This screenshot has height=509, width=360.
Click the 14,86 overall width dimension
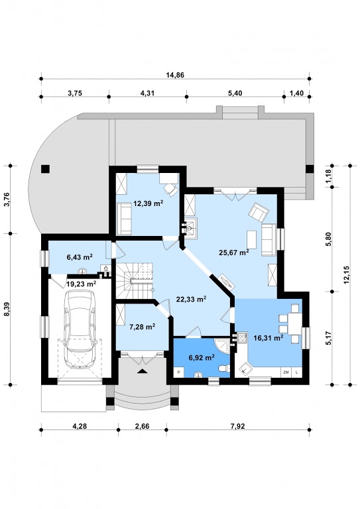[x=175, y=75]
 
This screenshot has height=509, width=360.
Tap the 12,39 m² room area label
[x=149, y=203]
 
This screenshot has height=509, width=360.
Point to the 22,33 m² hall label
[x=191, y=299]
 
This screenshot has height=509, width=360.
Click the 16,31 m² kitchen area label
[x=268, y=338]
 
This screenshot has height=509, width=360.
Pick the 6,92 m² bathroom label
[x=202, y=358]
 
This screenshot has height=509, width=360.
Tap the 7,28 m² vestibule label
[x=142, y=327]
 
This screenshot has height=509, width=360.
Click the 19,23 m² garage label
[x=81, y=284]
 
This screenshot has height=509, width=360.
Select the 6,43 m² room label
[x=80, y=257]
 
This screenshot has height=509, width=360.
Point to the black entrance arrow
[x=142, y=371]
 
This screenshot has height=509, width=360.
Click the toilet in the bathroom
[x=224, y=368]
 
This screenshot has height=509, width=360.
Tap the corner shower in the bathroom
[x=222, y=346]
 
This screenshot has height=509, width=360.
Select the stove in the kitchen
[x=242, y=338]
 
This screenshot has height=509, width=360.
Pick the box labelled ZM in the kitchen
[x=286, y=372]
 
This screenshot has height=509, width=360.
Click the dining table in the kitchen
[x=295, y=323]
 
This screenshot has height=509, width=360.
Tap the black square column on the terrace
[x=45, y=169]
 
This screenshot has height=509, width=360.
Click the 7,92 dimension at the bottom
[x=237, y=426]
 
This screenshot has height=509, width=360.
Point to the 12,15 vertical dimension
[x=345, y=274]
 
